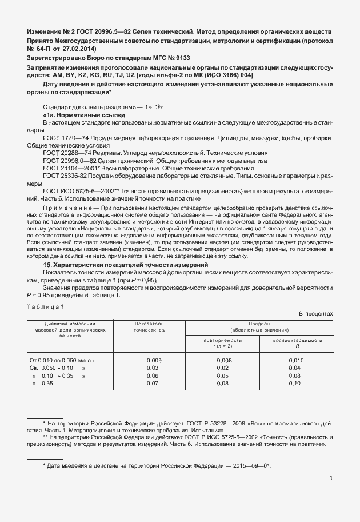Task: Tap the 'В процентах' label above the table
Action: [315, 314]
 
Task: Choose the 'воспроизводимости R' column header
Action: [294, 343]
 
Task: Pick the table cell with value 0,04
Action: [294, 368]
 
